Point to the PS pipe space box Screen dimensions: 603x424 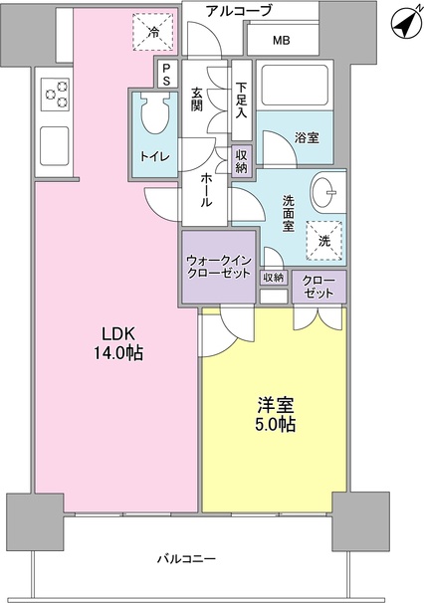coord(166,74)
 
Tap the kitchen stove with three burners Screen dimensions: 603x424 coord(55,96)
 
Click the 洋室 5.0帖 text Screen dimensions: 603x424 coord(273,414)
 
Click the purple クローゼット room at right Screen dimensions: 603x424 coord(318,287)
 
